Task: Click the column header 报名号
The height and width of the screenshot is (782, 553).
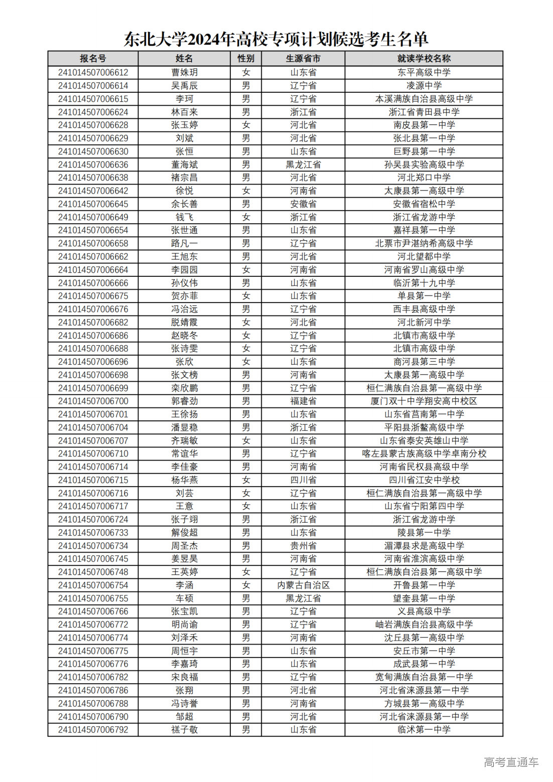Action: tap(93, 59)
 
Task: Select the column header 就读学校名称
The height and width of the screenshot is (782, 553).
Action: tap(424, 59)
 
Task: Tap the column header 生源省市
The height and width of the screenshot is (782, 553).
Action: tap(303, 59)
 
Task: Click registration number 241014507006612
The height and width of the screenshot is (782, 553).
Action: tap(93, 73)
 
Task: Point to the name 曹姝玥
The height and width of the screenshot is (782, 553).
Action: tap(184, 73)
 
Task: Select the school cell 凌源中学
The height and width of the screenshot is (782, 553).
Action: tap(424, 86)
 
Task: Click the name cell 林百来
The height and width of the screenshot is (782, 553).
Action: tap(184, 112)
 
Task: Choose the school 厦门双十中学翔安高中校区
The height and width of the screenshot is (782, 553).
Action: tap(424, 401)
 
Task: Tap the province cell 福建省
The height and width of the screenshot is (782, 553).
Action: tap(303, 401)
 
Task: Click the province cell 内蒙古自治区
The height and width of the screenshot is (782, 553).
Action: tap(303, 585)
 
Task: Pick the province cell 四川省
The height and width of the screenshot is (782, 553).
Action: tap(303, 480)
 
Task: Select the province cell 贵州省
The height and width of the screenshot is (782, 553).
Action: tap(303, 546)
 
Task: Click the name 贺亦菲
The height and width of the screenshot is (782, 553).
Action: tap(184, 296)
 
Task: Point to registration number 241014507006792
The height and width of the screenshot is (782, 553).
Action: tap(93, 730)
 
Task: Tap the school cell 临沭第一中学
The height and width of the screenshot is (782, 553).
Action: tap(424, 730)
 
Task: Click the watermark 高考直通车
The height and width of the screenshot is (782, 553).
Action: tap(510, 762)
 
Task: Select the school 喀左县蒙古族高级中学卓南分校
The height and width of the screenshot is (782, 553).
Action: tap(424, 454)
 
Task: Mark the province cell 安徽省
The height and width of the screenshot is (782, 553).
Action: tap(303, 204)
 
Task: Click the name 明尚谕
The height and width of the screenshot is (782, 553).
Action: tap(184, 624)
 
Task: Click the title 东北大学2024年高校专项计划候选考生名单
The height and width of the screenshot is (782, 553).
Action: tap(276, 39)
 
